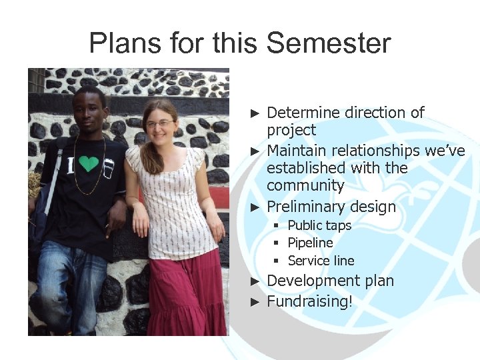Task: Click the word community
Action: (x=305, y=185)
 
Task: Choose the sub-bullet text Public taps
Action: (x=319, y=225)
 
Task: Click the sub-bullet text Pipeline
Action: (x=310, y=243)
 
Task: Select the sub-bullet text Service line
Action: (x=321, y=261)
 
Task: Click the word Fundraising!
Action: (x=309, y=301)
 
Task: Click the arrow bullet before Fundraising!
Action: (x=253, y=301)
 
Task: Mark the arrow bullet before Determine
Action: (x=253, y=113)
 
